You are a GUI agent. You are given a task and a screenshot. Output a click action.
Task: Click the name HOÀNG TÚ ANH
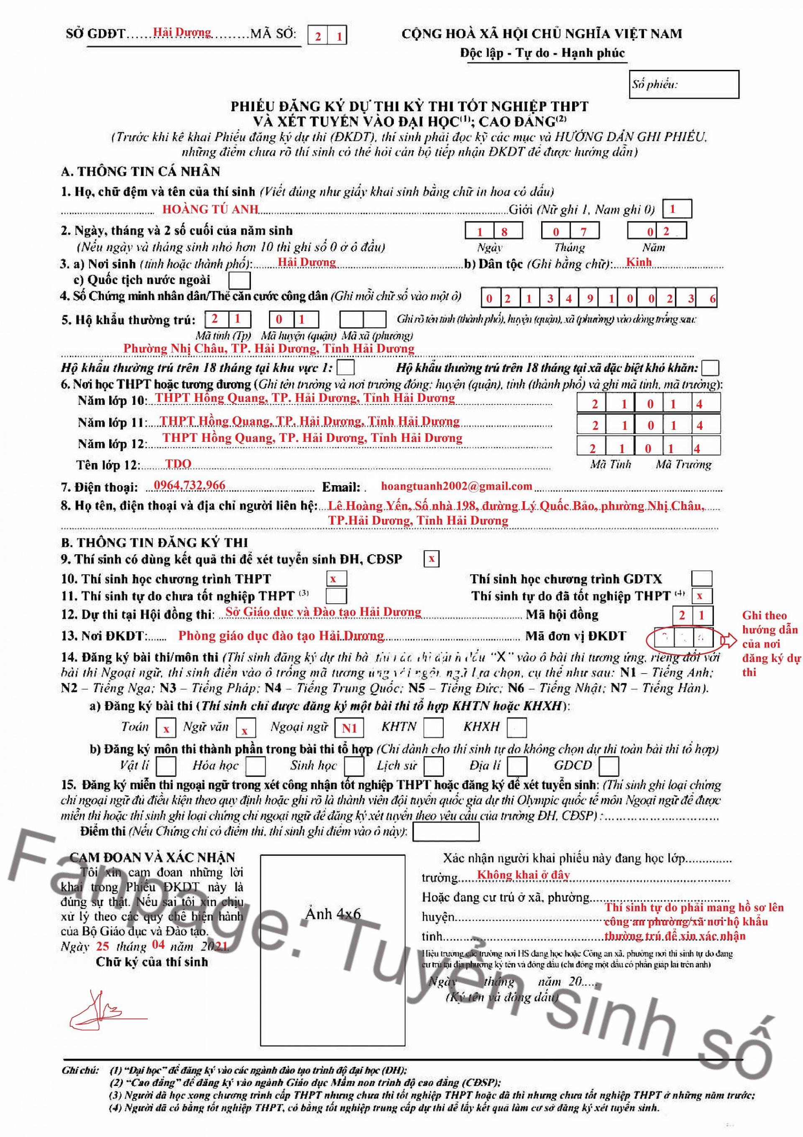click(210, 210)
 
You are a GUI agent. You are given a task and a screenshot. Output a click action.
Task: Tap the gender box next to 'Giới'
click(676, 209)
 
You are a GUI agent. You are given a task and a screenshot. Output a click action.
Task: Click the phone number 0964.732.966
click(189, 485)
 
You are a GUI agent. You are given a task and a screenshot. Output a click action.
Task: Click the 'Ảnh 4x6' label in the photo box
click(332, 914)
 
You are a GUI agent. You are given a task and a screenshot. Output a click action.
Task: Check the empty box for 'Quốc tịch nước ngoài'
click(240, 280)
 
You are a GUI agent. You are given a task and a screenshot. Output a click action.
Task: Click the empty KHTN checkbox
click(433, 727)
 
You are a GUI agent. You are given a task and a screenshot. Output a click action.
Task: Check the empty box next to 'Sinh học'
click(354, 766)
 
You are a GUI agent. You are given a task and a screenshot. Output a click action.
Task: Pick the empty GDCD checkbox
click(609, 766)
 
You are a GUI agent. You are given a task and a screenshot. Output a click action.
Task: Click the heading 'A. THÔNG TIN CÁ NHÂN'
click(141, 172)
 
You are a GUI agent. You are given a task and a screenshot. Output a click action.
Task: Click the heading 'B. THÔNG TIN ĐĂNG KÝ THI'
click(154, 542)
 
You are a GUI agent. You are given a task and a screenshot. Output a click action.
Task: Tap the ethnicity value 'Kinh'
click(639, 262)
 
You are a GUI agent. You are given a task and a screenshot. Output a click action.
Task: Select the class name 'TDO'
click(178, 464)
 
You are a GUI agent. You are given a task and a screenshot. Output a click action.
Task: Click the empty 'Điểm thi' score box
click(445, 832)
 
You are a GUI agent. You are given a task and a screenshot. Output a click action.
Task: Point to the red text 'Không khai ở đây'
click(523, 875)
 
